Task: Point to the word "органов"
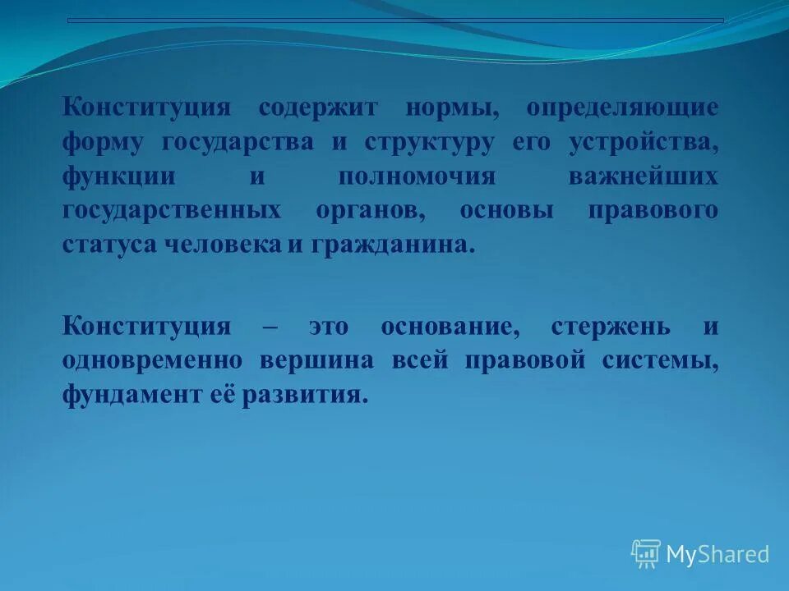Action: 370,211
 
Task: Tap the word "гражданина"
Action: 390,245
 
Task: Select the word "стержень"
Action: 611,327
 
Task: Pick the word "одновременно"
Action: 152,361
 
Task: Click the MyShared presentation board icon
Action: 646,554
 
